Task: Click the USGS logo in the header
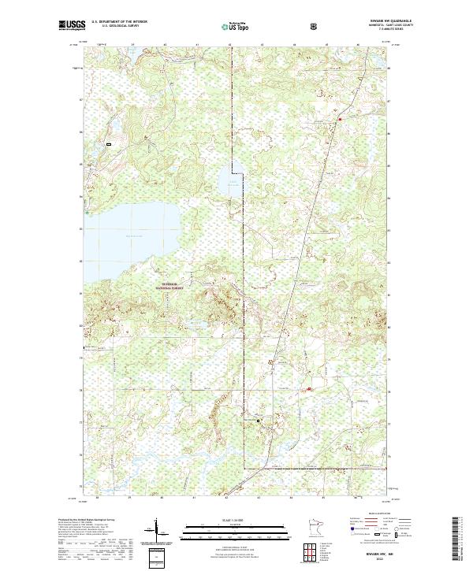pos(71,26)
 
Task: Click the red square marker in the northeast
pos(340,119)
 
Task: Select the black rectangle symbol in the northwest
pos(109,144)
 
